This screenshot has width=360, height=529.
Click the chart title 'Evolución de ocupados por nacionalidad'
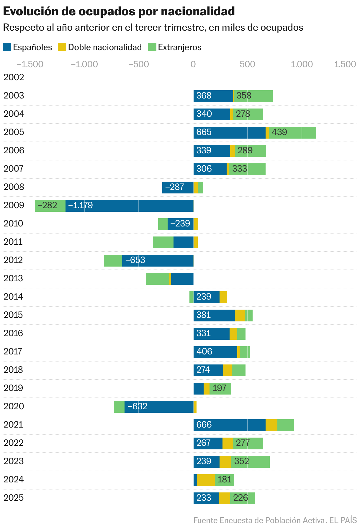pyautogui.click(x=119, y=12)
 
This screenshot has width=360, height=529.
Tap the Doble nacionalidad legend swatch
pyautogui.click(x=62, y=47)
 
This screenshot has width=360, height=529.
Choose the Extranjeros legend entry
pyautogui.click(x=175, y=47)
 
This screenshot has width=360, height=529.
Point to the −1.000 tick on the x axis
pyautogui.click(x=84, y=64)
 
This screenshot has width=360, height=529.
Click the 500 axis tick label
pyautogui.click(x=247, y=64)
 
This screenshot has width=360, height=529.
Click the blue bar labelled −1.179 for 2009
pyautogui.click(x=129, y=206)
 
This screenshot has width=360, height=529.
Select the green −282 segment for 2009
pyautogui.click(x=50, y=206)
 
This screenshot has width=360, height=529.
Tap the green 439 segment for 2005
pyautogui.click(x=292, y=132)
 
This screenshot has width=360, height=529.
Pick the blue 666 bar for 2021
pyautogui.click(x=229, y=425)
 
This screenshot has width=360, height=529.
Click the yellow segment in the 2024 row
pyautogui.click(x=206, y=480)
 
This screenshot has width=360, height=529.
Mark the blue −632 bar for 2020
pyautogui.click(x=159, y=407)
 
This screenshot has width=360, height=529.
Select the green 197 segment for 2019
pyautogui.click(x=220, y=388)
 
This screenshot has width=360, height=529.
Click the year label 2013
pyautogui.click(x=13, y=278)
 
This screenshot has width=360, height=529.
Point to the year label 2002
pyautogui.click(x=14, y=77)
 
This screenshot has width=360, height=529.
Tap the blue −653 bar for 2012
pyautogui.click(x=158, y=260)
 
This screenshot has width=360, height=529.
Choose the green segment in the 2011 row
pyautogui.click(x=163, y=242)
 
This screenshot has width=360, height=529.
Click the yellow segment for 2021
pyautogui.click(x=271, y=425)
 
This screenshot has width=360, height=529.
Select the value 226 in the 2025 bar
pyautogui.click(x=240, y=498)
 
